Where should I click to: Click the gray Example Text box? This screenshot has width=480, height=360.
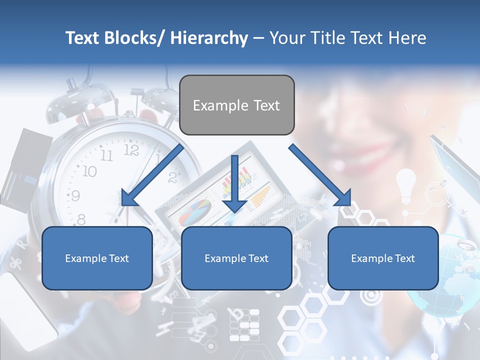click(x=236, y=105)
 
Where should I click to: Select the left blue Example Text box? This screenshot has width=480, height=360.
click(x=97, y=258)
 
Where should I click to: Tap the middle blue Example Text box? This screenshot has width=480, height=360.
click(x=236, y=258)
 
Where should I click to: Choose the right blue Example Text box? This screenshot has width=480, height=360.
click(x=383, y=258)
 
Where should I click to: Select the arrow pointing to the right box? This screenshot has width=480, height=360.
click(x=320, y=175)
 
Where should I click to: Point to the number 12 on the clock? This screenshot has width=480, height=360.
click(x=131, y=150)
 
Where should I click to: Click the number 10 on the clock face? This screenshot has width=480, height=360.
click(x=88, y=171)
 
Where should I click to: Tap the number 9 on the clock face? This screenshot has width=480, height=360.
click(x=75, y=195)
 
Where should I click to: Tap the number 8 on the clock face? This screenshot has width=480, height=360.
click(x=81, y=218)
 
